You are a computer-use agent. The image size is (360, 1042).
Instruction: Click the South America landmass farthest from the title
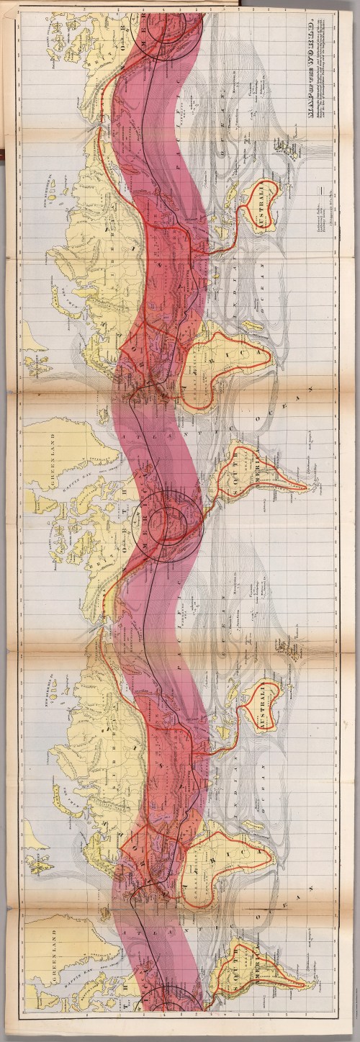[263, 969]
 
